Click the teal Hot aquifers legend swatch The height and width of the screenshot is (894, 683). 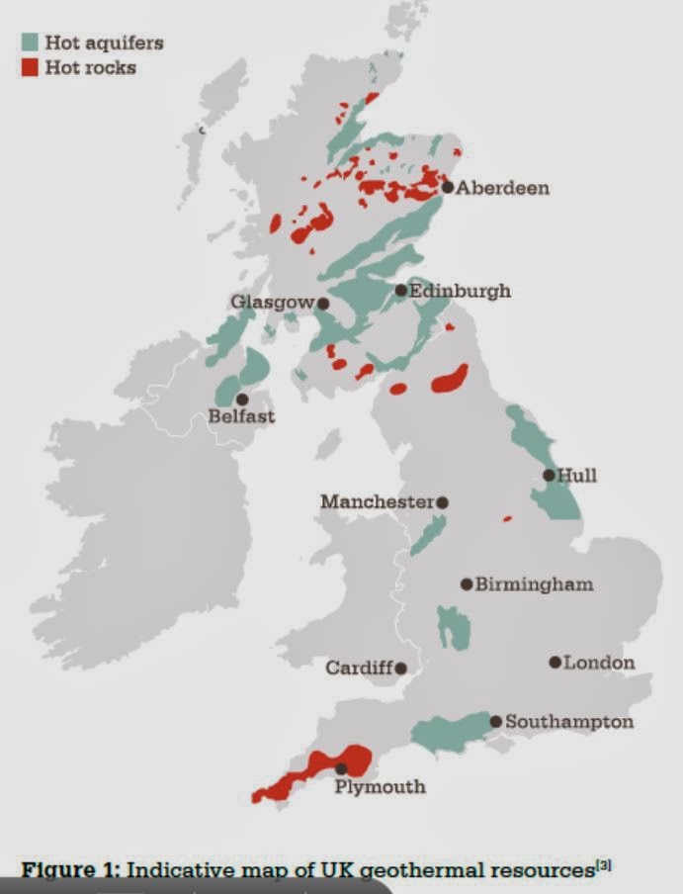pos(31,43)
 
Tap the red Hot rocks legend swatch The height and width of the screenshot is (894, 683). pos(31,67)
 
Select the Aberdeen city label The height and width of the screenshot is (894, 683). pos(503,188)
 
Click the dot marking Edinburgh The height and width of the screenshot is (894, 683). pos(400,290)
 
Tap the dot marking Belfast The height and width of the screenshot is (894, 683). pos(242,399)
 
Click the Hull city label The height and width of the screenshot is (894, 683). pos(577,476)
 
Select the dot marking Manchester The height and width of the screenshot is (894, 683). pos(443,502)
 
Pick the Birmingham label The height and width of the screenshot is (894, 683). pos(535,583)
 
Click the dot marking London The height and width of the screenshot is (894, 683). pos(555,662)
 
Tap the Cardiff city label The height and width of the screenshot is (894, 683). pos(359,669)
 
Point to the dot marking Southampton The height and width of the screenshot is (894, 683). pos(496,721)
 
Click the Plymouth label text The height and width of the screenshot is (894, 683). pos(380,787)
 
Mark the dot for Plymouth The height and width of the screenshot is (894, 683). pos(341,768)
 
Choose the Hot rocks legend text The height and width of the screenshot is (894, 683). pos(91,67)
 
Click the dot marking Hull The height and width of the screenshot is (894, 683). pos(549,476)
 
